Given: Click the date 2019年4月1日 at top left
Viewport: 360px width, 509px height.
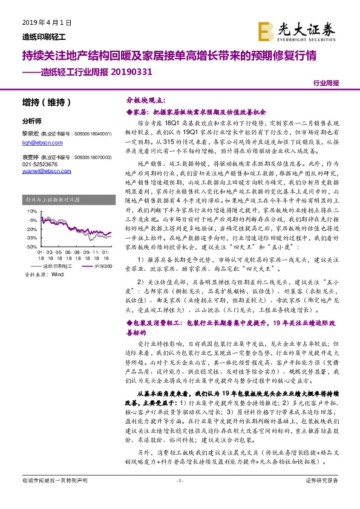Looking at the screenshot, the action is [38, 22].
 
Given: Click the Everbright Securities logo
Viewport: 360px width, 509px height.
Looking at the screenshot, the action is [304, 30].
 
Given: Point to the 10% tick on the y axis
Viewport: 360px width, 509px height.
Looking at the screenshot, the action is [28, 213].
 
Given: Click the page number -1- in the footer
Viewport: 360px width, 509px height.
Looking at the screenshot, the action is [179, 497].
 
